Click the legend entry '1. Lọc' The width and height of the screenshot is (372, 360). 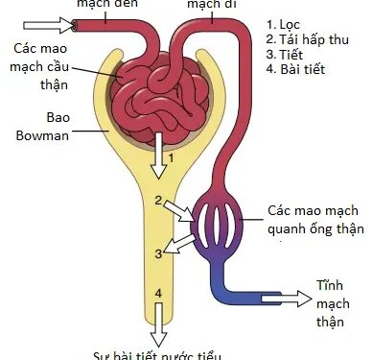click(291, 24)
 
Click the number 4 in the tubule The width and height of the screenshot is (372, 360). click(158, 290)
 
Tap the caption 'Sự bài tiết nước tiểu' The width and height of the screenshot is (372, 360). click(159, 353)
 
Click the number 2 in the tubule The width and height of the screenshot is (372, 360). click(157, 199)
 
